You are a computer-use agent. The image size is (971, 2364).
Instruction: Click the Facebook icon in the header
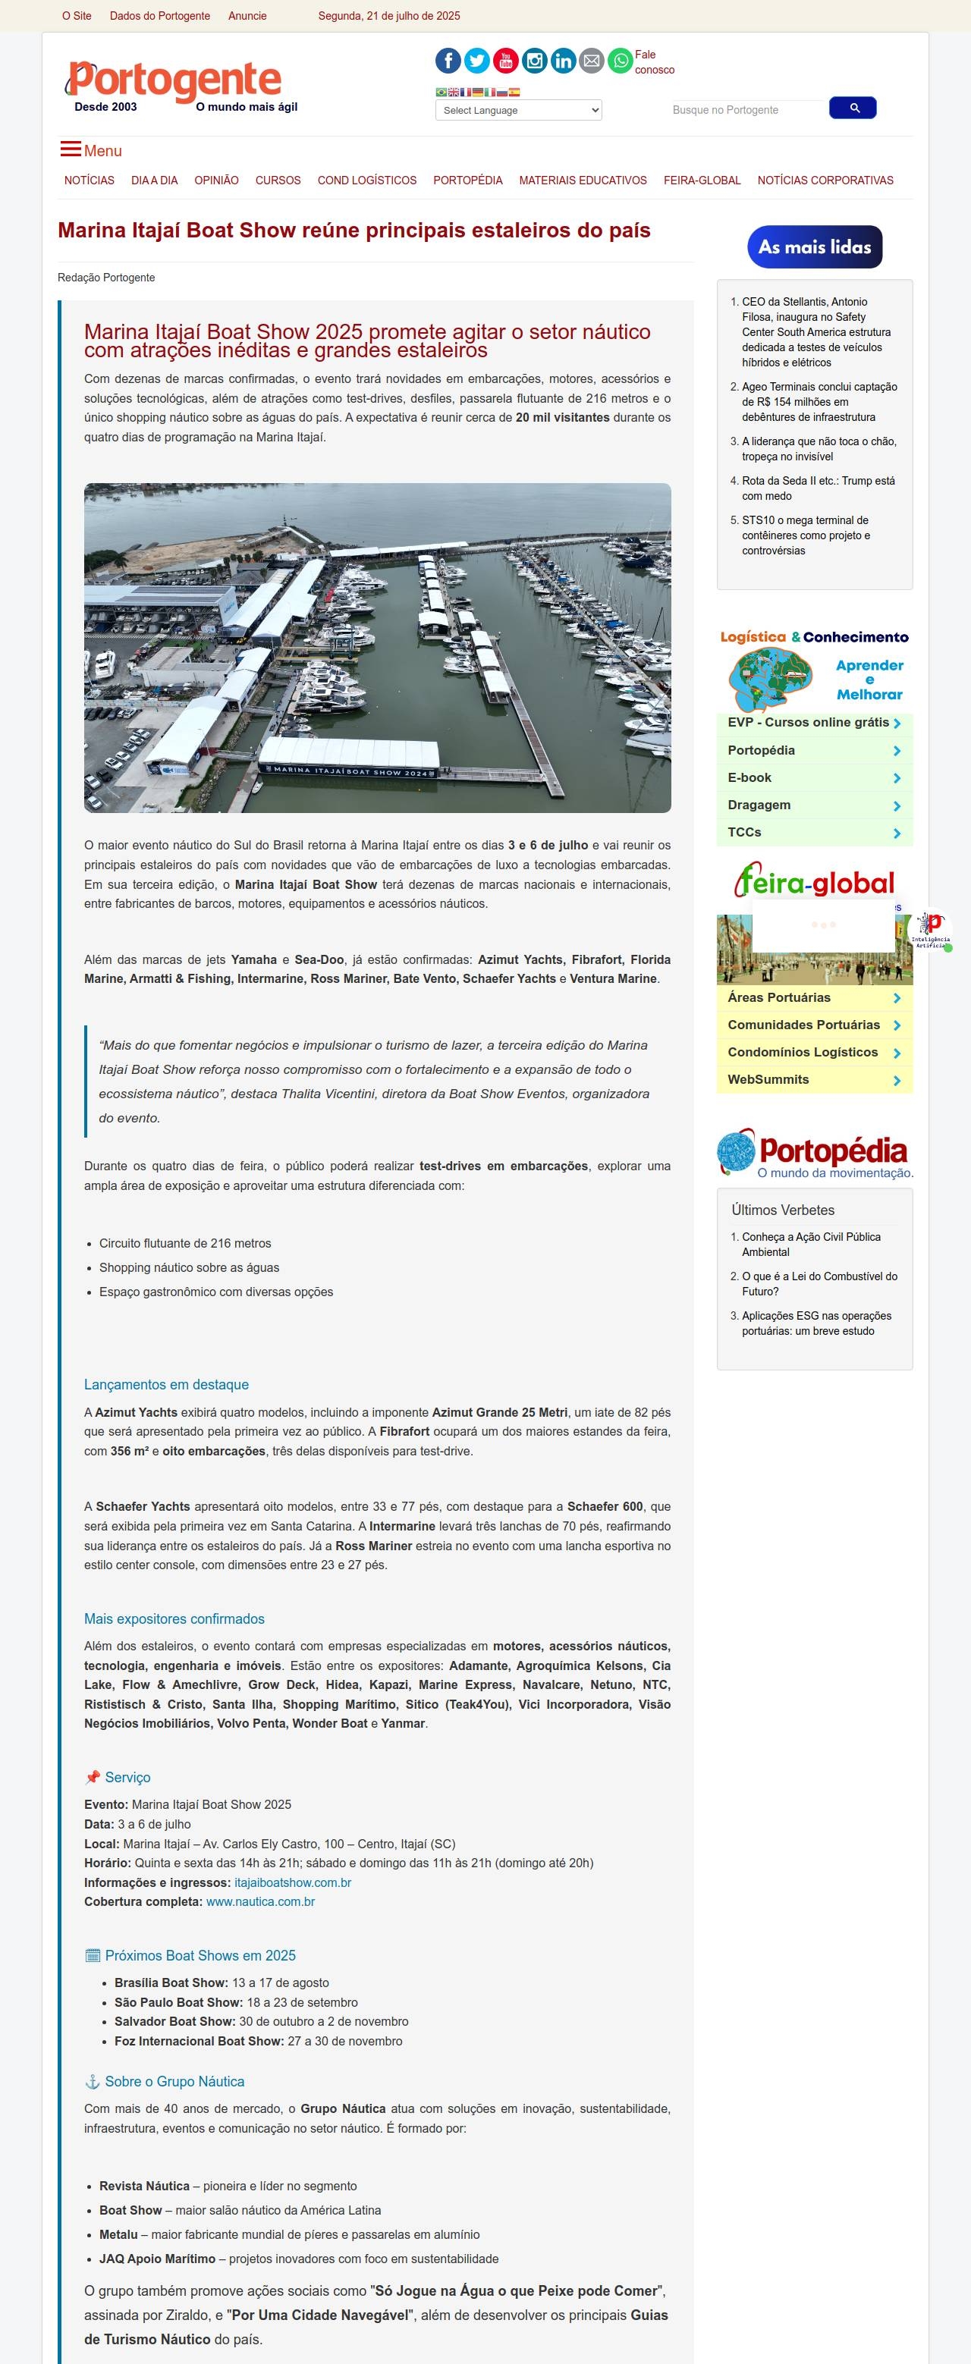pyautogui.click(x=448, y=61)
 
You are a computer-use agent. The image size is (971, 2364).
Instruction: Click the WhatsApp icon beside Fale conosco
pyautogui.click(x=621, y=61)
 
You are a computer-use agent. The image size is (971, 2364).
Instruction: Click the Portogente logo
pyautogui.click(x=174, y=83)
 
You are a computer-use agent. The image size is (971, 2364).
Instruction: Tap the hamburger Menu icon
pyautogui.click(x=71, y=149)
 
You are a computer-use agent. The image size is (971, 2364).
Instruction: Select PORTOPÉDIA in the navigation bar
pyautogui.click(x=467, y=181)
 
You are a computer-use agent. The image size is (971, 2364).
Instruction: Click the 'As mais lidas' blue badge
pyautogui.click(x=814, y=246)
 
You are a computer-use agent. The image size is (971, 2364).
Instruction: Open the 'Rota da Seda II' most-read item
pyautogui.click(x=818, y=488)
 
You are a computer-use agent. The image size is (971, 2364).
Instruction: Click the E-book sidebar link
pyautogui.click(x=749, y=777)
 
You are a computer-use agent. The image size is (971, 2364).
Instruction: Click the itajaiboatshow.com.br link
pyautogui.click(x=293, y=1882)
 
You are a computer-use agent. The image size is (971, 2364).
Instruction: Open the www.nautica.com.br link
pyautogui.click(x=261, y=1901)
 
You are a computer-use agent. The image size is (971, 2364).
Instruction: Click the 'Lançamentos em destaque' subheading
pyautogui.click(x=166, y=1385)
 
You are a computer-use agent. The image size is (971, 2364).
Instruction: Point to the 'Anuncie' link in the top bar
pyautogui.click(x=247, y=16)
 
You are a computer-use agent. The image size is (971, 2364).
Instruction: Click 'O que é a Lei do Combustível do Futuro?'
pyautogui.click(x=819, y=1284)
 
